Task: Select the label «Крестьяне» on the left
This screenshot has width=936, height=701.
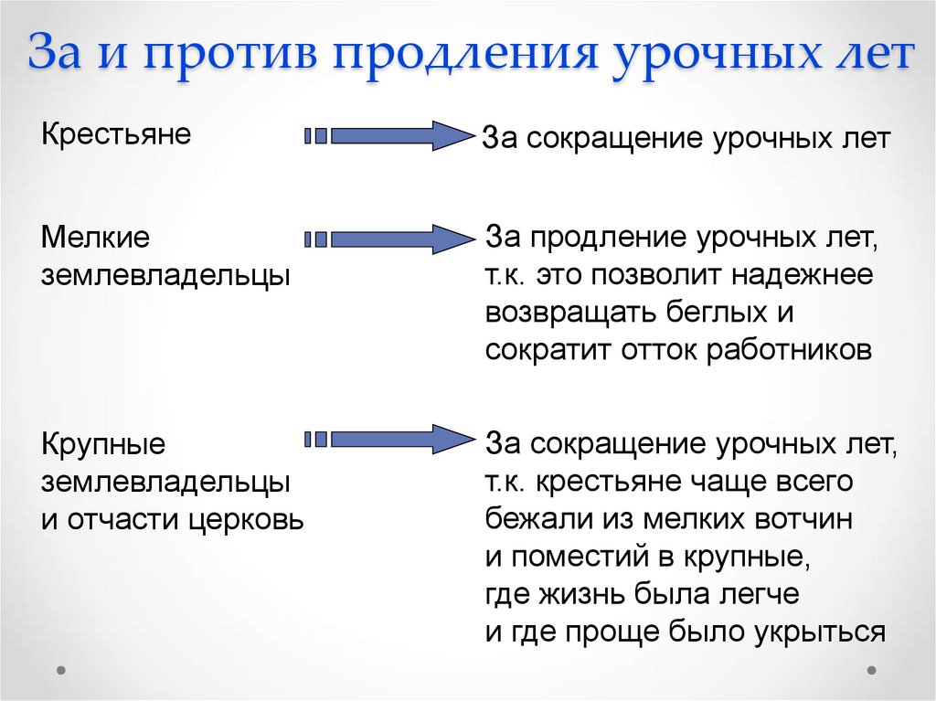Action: tap(116, 134)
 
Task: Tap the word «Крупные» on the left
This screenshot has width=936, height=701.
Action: tap(103, 446)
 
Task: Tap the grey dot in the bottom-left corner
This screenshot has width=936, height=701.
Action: tap(61, 669)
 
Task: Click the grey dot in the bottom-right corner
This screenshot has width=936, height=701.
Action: tap(875, 669)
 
